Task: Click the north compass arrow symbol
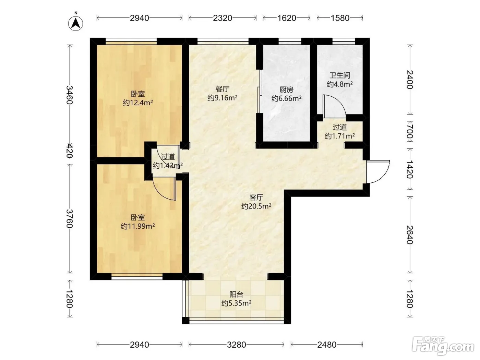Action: [76, 23]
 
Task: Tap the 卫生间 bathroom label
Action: [340, 75]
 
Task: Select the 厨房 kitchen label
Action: [286, 89]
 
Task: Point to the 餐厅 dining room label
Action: [223, 89]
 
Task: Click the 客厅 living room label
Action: [256, 197]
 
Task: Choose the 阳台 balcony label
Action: [236, 295]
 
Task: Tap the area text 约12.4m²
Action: [138, 103]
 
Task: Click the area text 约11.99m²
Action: [138, 226]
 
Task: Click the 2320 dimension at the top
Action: [223, 18]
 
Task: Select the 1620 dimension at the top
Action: [287, 18]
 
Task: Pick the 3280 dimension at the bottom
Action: [236, 345]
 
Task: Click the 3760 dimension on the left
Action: [70, 218]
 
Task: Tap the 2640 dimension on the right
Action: [410, 235]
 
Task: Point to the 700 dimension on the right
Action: [410, 132]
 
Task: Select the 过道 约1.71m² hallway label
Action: [340, 132]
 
